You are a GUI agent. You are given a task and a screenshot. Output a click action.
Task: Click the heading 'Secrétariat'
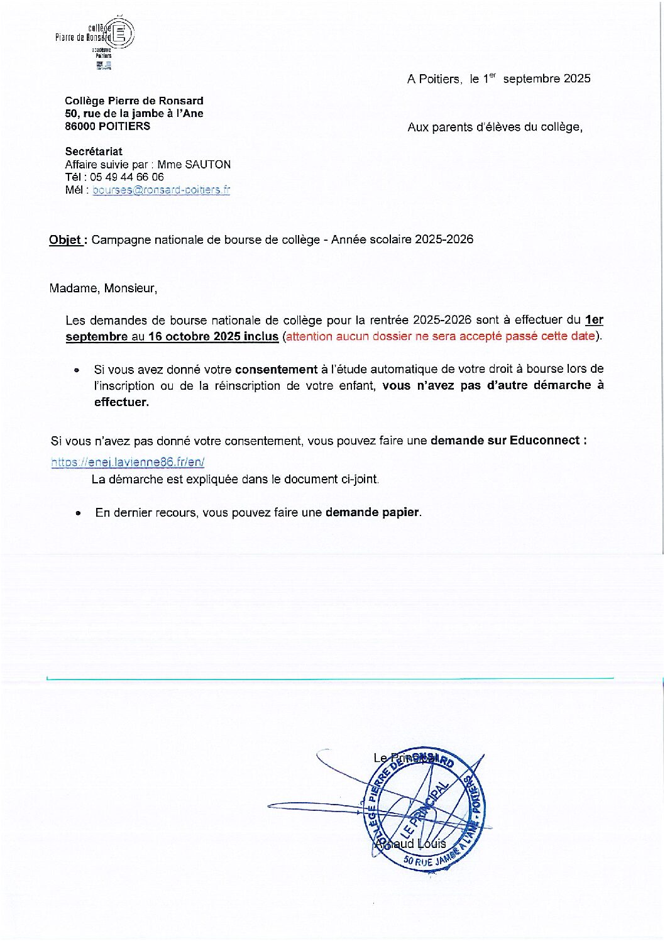(94, 151)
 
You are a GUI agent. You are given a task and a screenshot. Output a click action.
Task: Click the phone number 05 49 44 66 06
(126, 177)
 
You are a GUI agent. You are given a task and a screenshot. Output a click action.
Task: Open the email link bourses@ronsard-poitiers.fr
(161, 190)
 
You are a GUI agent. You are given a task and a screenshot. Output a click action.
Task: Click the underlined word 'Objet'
(65, 240)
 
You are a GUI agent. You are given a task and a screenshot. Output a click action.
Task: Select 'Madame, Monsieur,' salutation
(103, 289)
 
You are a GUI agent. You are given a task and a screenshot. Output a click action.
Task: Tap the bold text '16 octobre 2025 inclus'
(213, 336)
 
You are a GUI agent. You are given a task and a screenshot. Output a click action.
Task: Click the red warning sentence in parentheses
(440, 336)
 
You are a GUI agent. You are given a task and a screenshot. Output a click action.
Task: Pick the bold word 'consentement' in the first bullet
(276, 370)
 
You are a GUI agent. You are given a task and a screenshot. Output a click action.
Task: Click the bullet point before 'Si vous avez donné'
(77, 370)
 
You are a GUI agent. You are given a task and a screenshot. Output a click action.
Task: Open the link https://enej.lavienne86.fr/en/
(128, 462)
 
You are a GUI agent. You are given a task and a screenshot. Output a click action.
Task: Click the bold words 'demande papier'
(371, 512)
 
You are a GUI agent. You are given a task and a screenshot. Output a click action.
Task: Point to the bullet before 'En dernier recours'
(78, 513)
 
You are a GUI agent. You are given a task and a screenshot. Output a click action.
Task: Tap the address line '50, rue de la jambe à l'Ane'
(134, 114)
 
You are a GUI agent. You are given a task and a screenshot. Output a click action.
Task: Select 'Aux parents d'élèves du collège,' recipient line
(495, 127)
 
